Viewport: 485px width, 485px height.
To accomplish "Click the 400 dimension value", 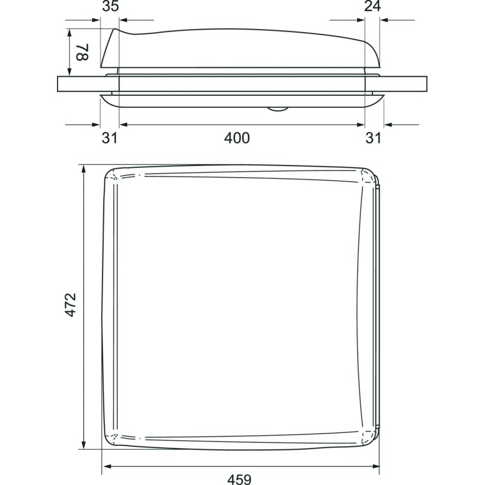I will (x=236, y=138).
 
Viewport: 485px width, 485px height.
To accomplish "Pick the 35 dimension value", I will (x=110, y=7).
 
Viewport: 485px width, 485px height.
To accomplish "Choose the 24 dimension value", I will (x=372, y=7).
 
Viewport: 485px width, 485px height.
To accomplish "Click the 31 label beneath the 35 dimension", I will (x=109, y=138).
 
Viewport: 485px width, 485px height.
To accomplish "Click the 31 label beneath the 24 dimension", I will (x=373, y=138).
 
